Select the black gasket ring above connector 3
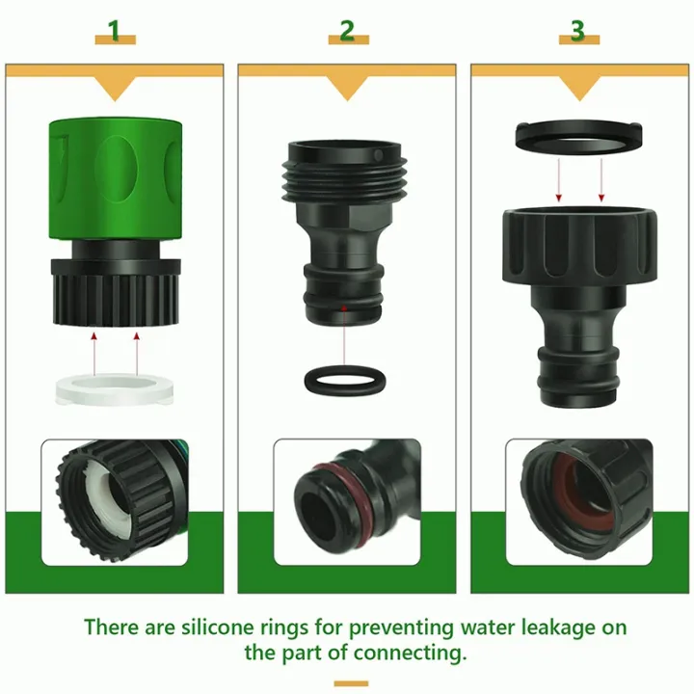point(578,136)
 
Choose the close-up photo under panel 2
point(346,501)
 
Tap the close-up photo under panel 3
point(578,501)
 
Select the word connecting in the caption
point(405,653)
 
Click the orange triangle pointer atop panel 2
point(346,89)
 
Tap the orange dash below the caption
point(351,683)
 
